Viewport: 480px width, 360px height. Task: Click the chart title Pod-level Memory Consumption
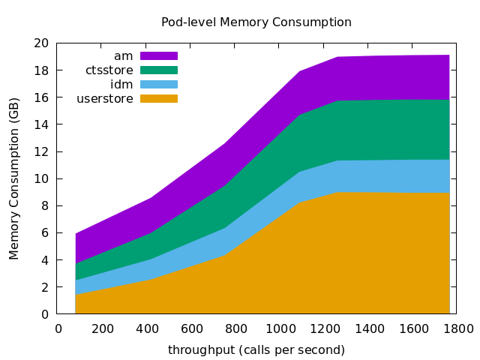[256, 22]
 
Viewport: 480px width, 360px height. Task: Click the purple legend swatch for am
[159, 55]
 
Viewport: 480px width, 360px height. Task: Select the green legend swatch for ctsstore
[159, 70]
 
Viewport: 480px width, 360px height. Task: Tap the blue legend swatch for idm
[159, 84]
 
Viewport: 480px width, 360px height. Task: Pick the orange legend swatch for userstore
[159, 98]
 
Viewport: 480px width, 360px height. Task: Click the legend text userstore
[105, 98]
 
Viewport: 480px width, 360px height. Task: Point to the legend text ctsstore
[109, 70]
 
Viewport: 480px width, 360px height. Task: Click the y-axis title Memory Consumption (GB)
[14, 178]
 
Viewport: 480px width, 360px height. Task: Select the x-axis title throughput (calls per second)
[256, 350]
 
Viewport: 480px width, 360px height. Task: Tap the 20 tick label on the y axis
[42, 43]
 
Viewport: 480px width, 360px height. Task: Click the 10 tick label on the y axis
[42, 178]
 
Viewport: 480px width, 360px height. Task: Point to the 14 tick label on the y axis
[42, 124]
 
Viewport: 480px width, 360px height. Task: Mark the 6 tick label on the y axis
[46, 233]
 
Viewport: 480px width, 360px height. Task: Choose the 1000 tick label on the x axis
[280, 328]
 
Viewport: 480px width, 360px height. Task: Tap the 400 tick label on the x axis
[148, 328]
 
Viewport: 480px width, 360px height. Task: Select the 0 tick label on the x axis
[58, 328]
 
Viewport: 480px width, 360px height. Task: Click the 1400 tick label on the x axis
[370, 328]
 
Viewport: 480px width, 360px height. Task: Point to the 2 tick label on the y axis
[46, 287]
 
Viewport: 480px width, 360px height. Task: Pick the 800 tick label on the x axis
[236, 328]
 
